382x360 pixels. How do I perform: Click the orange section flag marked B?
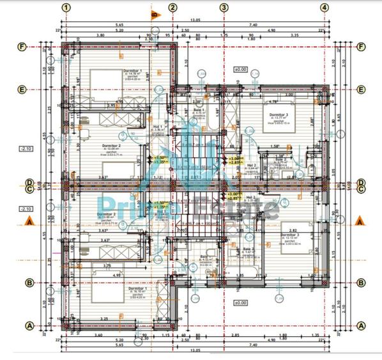coord(153,13)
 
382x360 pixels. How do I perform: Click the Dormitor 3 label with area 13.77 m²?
coord(279,116)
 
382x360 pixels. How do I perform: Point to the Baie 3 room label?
coord(248,251)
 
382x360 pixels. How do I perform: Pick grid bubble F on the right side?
coord(362,47)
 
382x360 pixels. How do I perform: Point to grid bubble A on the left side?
coord(27,325)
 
